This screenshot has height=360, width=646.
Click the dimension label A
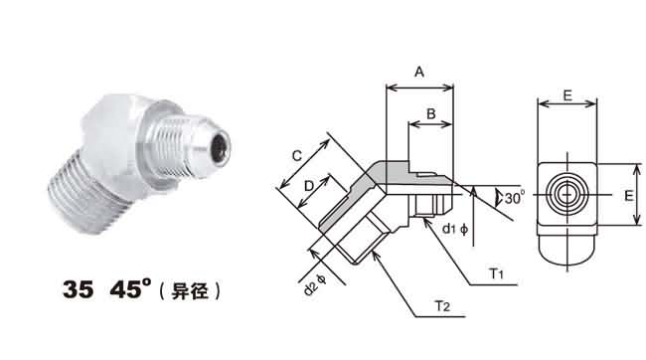pyautogui.click(x=419, y=72)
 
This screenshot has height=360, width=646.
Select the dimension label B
pyautogui.click(x=431, y=113)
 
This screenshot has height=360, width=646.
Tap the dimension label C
pyautogui.click(x=296, y=155)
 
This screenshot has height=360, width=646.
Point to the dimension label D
pyautogui.click(x=309, y=186)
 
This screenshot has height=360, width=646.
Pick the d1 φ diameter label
pyautogui.click(x=455, y=229)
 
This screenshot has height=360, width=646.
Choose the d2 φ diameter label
pyautogui.click(x=315, y=284)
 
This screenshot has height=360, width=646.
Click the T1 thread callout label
pyautogui.click(x=497, y=273)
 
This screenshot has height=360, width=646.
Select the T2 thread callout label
pyautogui.click(x=442, y=306)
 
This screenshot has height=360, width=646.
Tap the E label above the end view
pyautogui.click(x=567, y=95)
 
